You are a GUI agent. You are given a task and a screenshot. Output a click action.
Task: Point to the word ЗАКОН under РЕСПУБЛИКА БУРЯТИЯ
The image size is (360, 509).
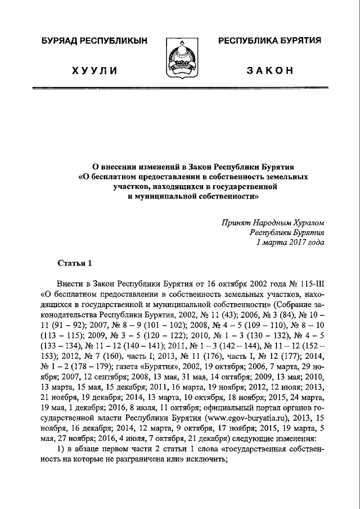tap(269, 70)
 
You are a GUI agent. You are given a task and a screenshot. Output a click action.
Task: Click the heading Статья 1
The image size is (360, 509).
tap(74, 263)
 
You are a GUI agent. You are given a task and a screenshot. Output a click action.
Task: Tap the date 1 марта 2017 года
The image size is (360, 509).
tap(290, 242)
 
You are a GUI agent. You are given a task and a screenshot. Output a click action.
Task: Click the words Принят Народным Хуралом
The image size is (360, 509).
tap(273, 222)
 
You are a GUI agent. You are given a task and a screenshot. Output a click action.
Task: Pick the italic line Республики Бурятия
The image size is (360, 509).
tap(287, 232)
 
